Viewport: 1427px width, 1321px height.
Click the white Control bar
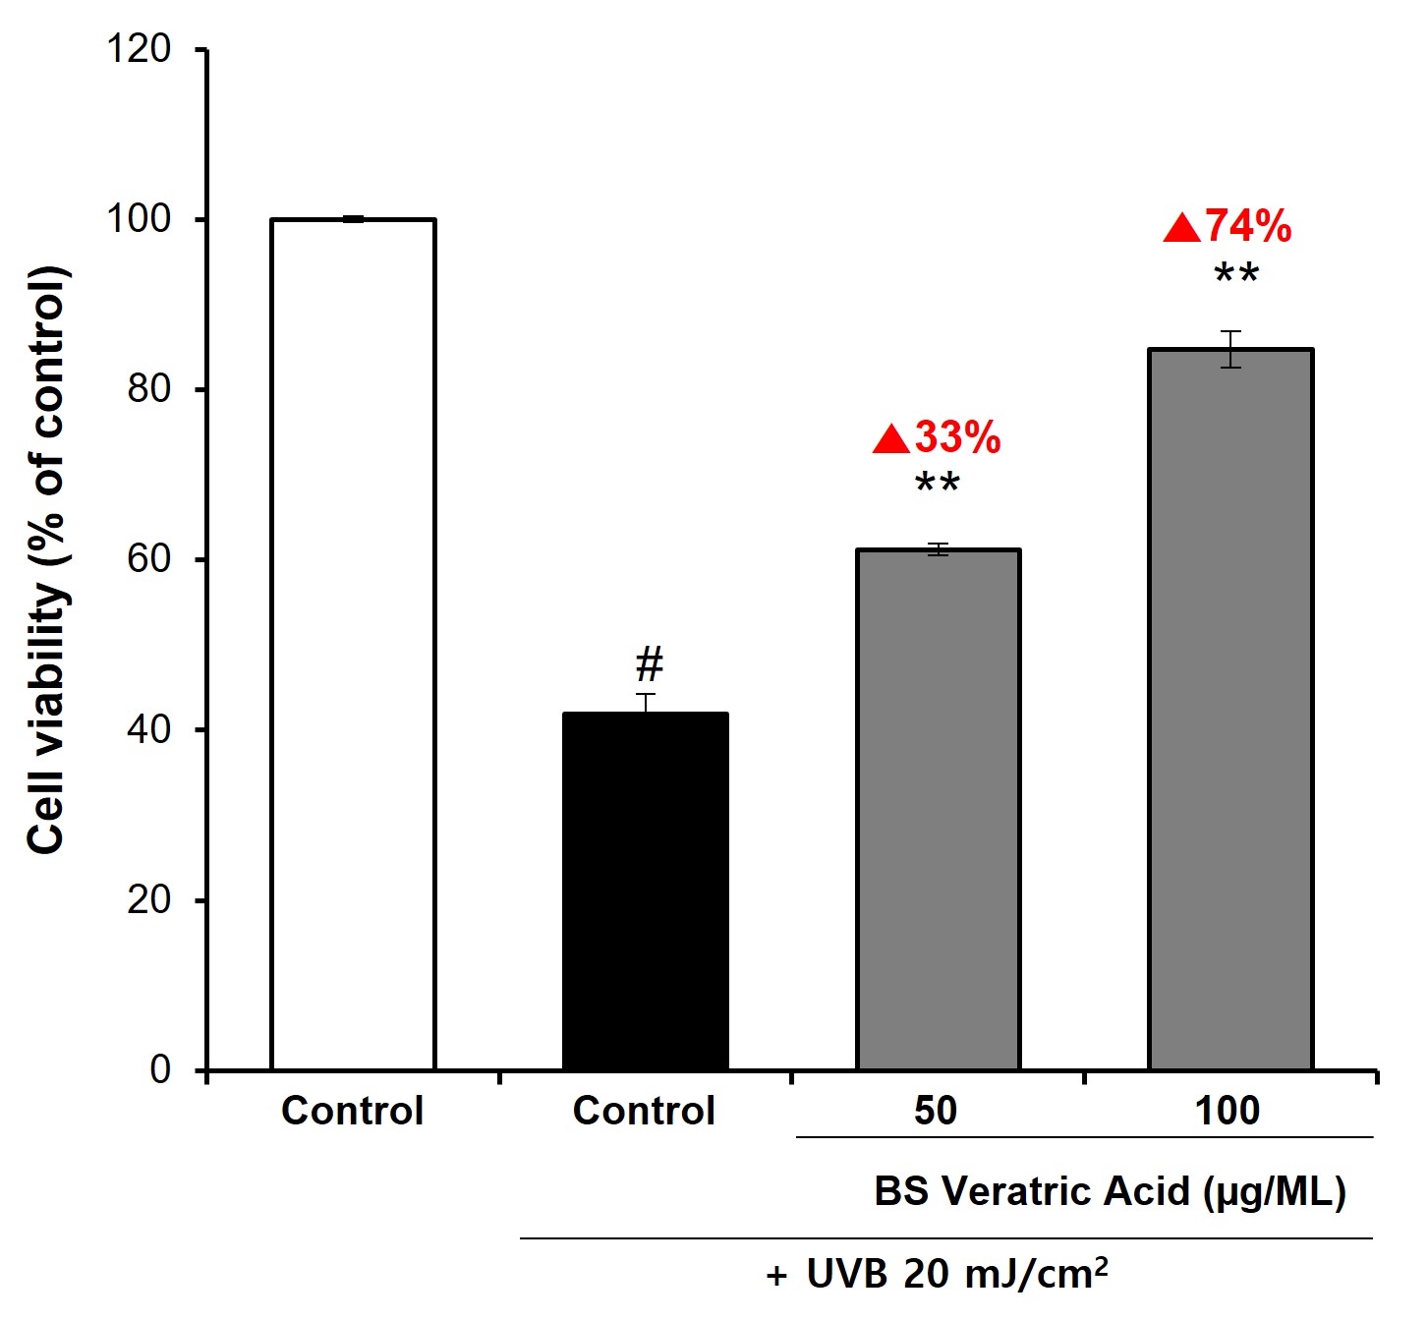pyautogui.click(x=353, y=644)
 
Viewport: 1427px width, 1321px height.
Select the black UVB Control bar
pyautogui.click(x=645, y=890)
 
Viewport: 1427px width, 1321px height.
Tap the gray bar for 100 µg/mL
pyautogui.click(x=1230, y=708)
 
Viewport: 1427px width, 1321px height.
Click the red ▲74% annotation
pyautogui.click(x=1228, y=227)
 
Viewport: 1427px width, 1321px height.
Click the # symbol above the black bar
pyautogui.click(x=650, y=665)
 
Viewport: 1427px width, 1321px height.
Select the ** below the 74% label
pyautogui.click(x=1236, y=276)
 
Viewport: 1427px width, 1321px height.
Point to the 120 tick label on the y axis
pyautogui.click(x=139, y=48)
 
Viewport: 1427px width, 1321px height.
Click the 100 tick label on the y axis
pyautogui.click(x=139, y=219)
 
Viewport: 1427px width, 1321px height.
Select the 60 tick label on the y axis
pyautogui.click(x=148, y=559)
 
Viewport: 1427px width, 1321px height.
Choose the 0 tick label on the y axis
pyautogui.click(x=160, y=1069)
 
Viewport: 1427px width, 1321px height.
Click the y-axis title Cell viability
pyautogui.click(x=47, y=560)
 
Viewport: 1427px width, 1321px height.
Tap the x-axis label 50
pyautogui.click(x=935, y=1111)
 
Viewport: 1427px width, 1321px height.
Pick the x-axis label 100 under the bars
pyautogui.click(x=1227, y=1111)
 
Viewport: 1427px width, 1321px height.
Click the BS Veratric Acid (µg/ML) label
pyautogui.click(x=1110, y=1191)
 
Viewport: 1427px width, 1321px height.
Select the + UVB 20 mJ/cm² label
pyautogui.click(x=938, y=1274)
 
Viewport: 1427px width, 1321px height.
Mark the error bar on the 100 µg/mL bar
pyautogui.click(x=1230, y=349)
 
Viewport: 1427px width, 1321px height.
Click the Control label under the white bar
pyautogui.click(x=352, y=1111)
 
